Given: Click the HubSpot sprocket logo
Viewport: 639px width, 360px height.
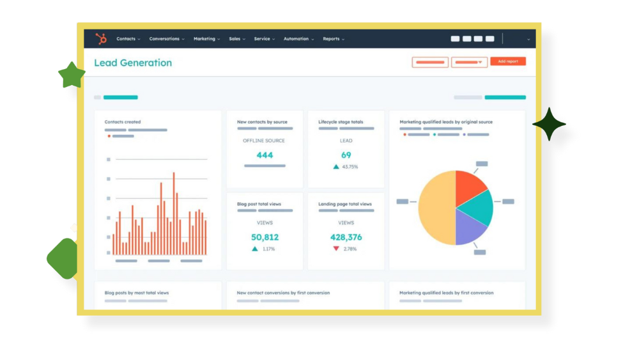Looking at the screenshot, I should point(101,39).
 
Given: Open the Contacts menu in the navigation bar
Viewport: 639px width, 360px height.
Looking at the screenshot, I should point(126,39).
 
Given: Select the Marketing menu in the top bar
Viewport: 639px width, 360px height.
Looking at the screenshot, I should point(204,39).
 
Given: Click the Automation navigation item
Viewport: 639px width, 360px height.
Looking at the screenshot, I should point(296,39).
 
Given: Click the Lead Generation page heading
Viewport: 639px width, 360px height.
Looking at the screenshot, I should point(133,63).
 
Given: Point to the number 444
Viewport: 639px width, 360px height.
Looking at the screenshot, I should point(265,155).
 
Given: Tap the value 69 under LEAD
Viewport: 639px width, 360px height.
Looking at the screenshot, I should point(346,155).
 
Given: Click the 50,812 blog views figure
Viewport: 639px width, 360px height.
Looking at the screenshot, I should point(265,237).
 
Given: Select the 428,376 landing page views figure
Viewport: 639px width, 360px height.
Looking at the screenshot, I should point(346,237).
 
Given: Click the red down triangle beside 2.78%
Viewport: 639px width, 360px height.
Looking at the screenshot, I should point(336,249).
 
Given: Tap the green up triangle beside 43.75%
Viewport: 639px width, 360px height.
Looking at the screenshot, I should point(336,167).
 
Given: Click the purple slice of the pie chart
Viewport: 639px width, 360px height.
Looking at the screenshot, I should point(470,228).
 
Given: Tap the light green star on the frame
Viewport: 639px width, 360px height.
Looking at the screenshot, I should point(71,75).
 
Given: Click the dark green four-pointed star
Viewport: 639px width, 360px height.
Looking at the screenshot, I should point(549,124).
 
